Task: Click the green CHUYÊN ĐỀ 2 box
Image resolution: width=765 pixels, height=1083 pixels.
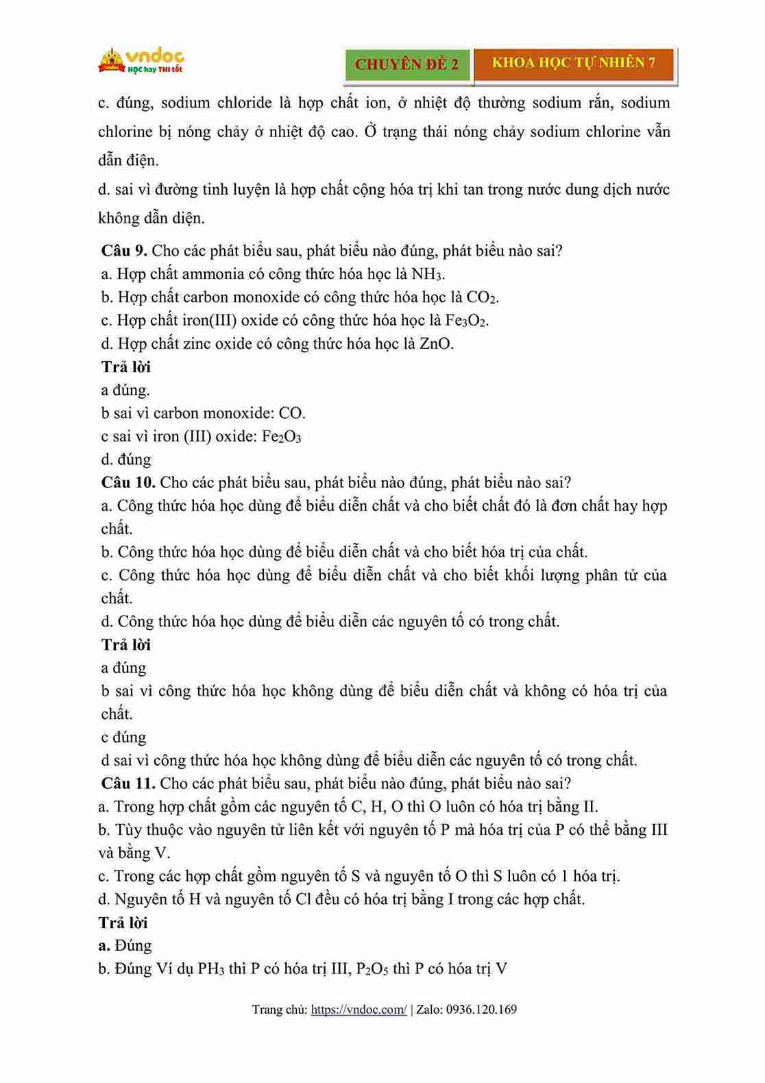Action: pos(407,64)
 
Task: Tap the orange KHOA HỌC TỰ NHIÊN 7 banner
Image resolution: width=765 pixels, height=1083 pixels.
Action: pos(574,63)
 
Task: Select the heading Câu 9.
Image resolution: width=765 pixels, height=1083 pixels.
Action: pos(124,251)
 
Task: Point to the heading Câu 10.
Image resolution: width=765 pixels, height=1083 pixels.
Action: pos(128,483)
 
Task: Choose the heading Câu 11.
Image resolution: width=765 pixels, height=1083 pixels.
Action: pos(128,783)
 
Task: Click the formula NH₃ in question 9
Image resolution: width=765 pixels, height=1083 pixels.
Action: pos(427,274)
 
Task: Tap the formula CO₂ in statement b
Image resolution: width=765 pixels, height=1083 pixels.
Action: pos(482,297)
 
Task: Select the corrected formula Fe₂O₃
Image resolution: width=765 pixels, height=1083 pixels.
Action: pos(281,437)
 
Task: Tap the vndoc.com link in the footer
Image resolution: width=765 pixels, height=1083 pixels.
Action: pos(359,1010)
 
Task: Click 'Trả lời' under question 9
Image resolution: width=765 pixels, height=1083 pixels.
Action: pos(126,367)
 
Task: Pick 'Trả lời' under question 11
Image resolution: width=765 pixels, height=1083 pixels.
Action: pos(123,923)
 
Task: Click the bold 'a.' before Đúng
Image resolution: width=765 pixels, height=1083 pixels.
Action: pos(104,946)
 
